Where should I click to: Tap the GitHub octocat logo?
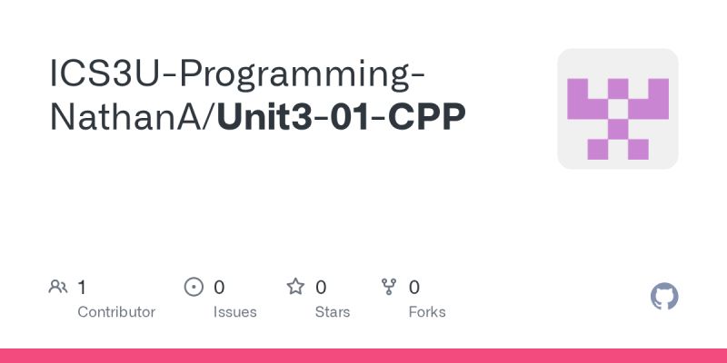pos(665,297)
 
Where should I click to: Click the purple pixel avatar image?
pos(618,109)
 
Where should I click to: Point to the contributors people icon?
pos(58,288)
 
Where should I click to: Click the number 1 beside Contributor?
pos(82,288)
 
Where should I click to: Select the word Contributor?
pos(116,312)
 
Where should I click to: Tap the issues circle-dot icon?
pos(194,288)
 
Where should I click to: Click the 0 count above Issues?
pos(219,288)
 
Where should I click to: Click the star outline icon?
pos(295,288)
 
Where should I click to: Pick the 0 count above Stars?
pos(321,288)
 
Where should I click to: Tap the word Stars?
pos(333,312)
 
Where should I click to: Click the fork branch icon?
pos(390,288)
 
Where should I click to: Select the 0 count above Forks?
pos(414,288)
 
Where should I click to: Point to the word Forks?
pos(427,312)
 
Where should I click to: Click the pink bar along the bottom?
pos(363,356)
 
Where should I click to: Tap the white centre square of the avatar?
pos(618,109)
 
